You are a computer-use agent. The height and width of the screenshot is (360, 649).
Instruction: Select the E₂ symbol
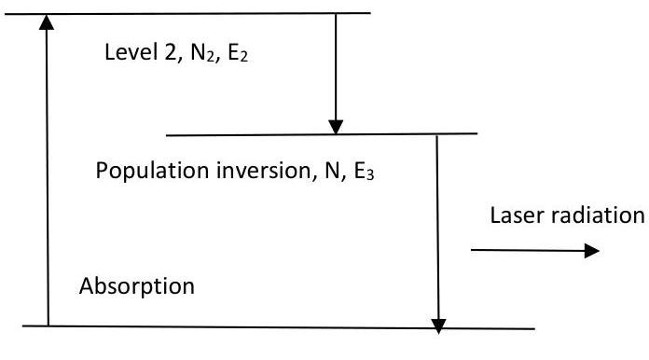(238, 53)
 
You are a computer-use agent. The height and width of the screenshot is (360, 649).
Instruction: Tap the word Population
(152, 171)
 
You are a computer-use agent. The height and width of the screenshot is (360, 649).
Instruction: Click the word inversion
(264, 170)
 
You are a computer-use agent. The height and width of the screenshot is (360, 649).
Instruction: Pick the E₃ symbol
(365, 172)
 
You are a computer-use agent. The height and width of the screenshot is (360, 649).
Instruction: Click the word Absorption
(137, 286)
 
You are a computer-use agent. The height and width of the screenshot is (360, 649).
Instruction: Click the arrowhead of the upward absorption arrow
(47, 22)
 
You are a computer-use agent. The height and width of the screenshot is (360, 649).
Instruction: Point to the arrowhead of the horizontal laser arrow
(592, 250)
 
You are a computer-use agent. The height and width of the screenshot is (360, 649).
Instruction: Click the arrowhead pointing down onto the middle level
(336, 127)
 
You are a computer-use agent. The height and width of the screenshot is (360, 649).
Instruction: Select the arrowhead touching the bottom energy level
(438, 326)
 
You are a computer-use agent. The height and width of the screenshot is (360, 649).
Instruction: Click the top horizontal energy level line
(187, 14)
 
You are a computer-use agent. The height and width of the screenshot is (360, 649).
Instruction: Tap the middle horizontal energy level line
(322, 134)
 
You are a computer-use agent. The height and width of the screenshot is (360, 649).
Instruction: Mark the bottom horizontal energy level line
(279, 327)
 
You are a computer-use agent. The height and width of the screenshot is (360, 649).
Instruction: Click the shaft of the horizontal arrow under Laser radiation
(528, 250)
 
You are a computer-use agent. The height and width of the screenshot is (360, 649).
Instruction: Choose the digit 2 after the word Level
(171, 52)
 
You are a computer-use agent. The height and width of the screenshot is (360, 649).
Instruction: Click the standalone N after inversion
(332, 171)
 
